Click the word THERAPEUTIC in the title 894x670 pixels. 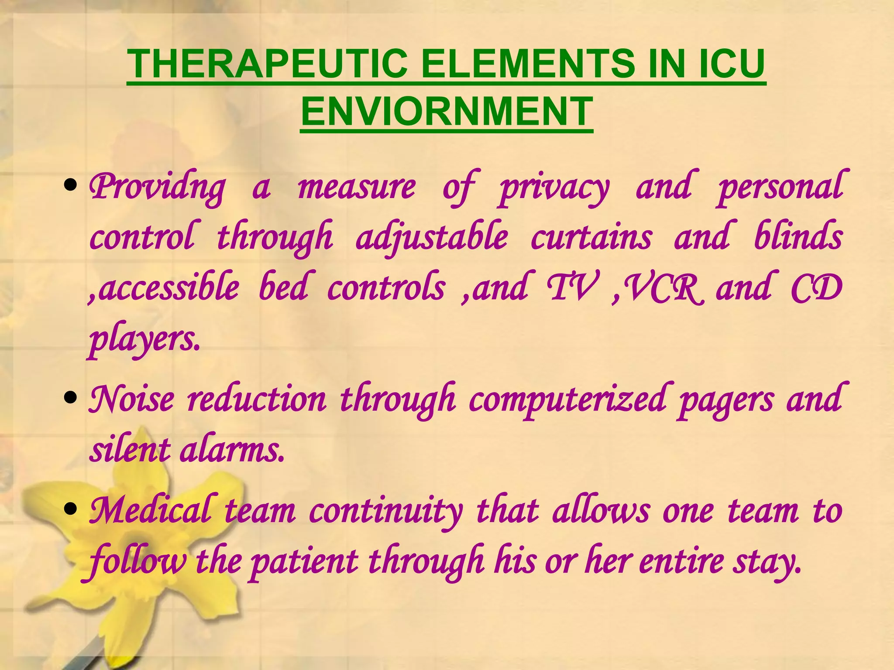267,64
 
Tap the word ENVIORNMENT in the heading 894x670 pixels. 447,112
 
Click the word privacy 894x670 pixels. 554,188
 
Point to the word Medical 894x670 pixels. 151,510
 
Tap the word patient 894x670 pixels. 304,562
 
